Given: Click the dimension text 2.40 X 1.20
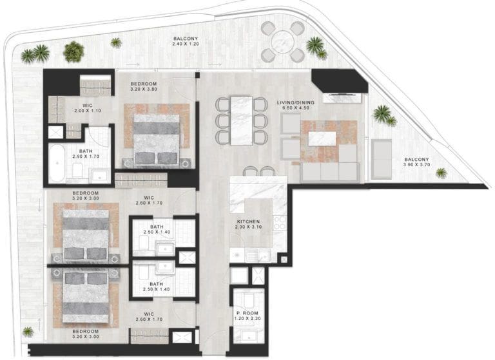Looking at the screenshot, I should coord(187,46).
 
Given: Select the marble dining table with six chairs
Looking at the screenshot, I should coord(241,119).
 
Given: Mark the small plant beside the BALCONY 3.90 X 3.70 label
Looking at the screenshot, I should coord(441,173).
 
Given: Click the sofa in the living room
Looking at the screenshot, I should coord(328,171).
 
